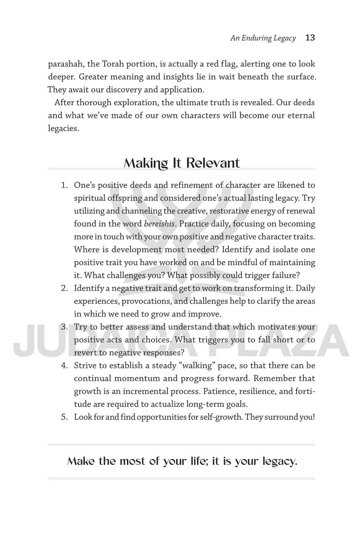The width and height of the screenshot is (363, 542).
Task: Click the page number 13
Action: point(310,38)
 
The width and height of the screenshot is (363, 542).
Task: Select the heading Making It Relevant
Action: point(181,163)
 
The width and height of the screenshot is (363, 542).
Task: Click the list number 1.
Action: point(64,186)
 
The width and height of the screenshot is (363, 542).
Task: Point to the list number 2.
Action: point(64,288)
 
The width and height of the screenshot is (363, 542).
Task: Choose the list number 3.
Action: point(64,327)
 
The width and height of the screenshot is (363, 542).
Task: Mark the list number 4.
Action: point(64,365)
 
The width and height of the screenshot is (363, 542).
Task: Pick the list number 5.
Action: point(64,417)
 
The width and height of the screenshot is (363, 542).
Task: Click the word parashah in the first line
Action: point(65,64)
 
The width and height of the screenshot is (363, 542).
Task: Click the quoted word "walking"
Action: point(193,365)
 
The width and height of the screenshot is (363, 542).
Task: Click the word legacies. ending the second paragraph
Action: point(64,128)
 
